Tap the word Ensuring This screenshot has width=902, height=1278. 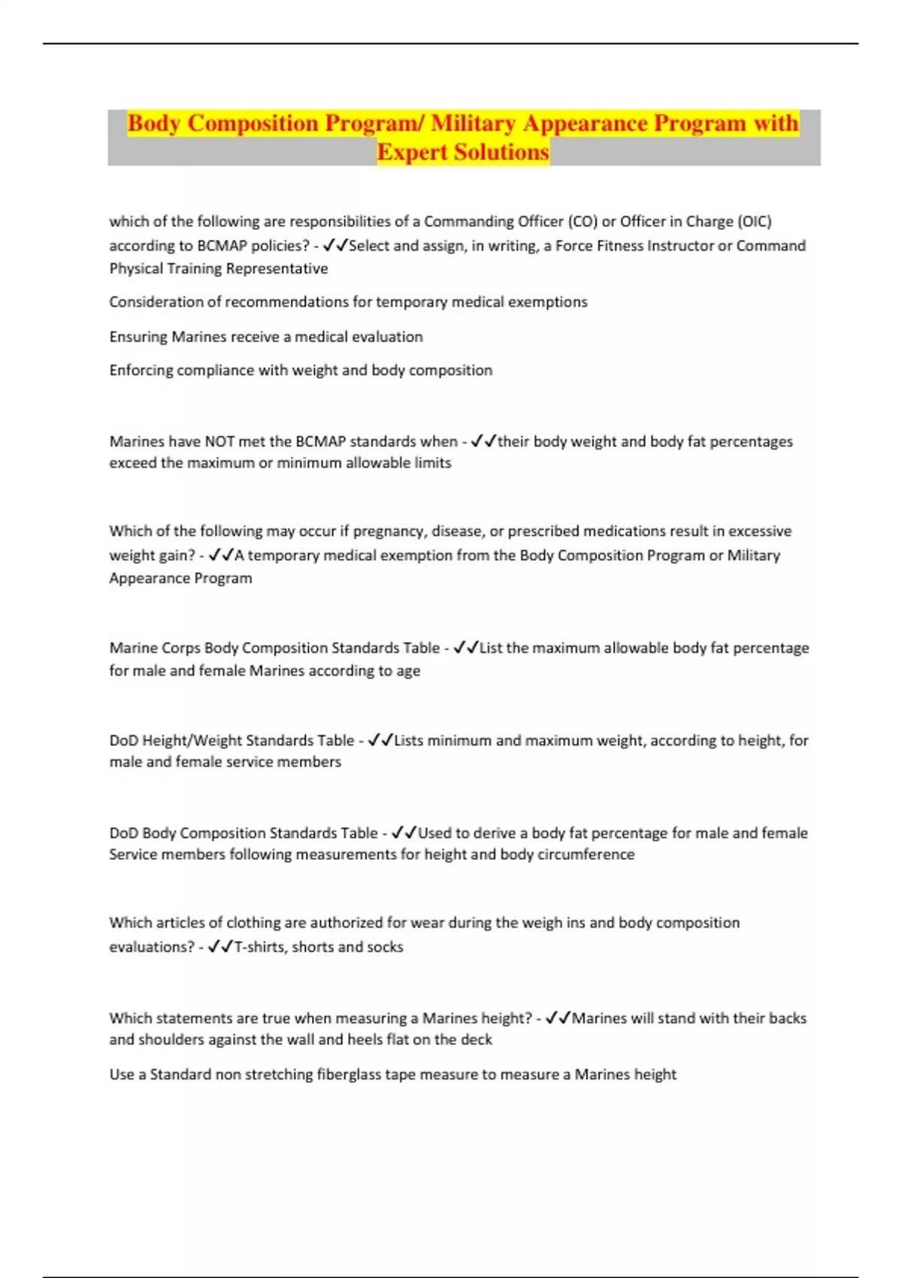(x=138, y=337)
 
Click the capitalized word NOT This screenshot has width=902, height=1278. (x=219, y=441)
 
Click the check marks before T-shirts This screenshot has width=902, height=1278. (x=220, y=947)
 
